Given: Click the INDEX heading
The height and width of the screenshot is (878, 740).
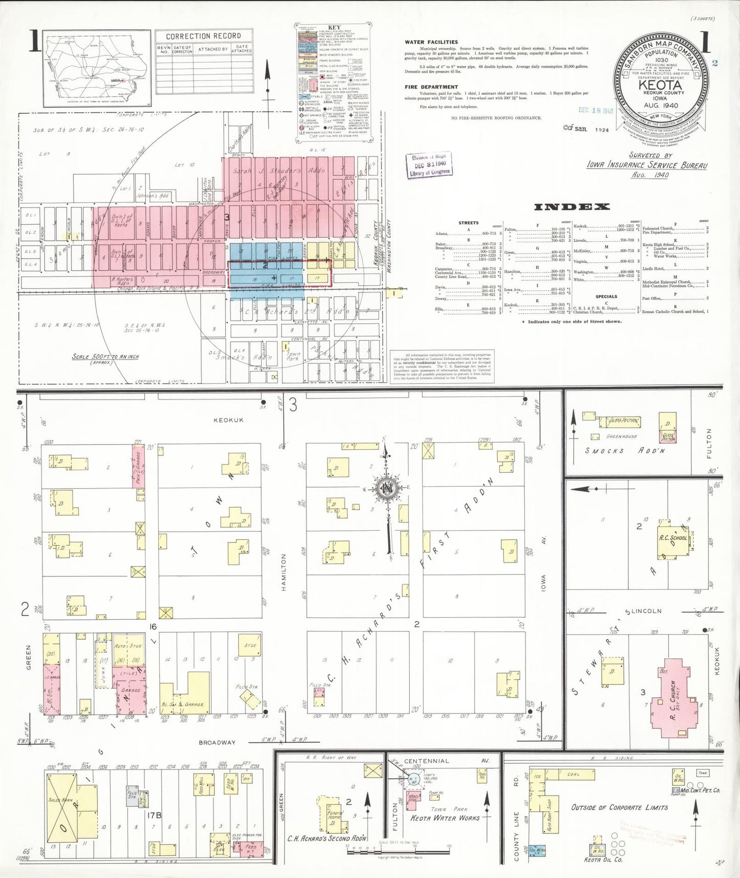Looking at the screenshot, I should tap(572, 207).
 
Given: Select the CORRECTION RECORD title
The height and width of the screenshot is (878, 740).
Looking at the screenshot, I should tap(203, 36).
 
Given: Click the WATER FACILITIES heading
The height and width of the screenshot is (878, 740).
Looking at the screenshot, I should tap(431, 43).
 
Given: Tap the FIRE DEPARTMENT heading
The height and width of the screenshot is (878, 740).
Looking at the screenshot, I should tap(431, 87).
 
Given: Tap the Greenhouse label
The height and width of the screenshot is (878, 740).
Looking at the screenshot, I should tap(621, 437).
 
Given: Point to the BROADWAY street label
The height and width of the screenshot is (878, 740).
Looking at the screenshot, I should tap(217, 742).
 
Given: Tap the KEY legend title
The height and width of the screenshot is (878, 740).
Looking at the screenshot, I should tap(334, 27).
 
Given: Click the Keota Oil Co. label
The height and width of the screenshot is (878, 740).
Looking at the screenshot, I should tap(603, 860).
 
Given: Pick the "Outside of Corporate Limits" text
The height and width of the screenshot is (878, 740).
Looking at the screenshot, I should tap(620, 807).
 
